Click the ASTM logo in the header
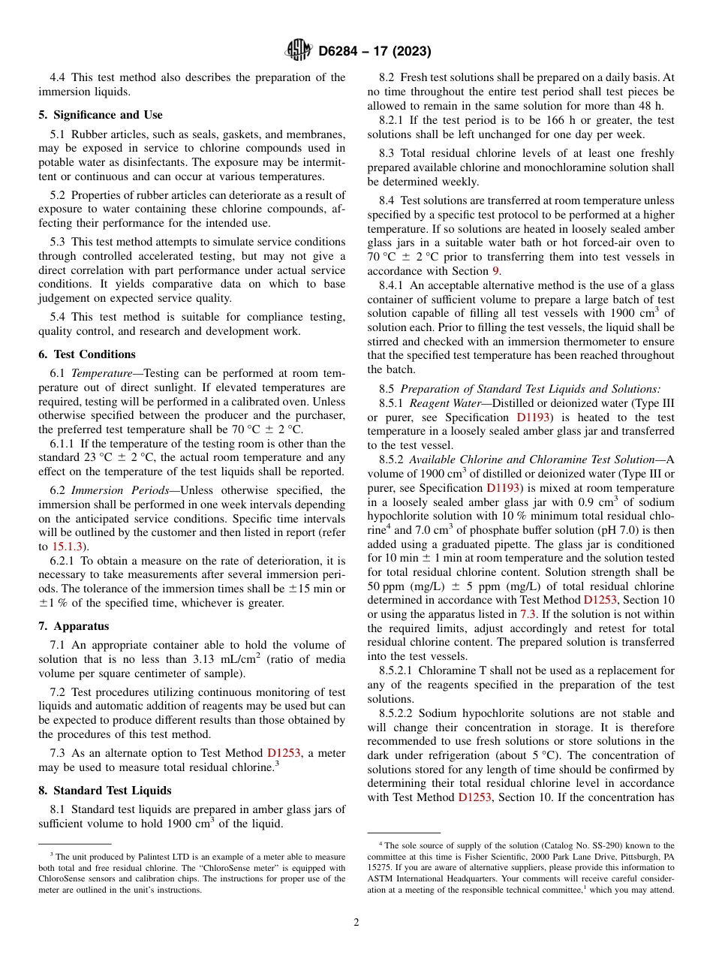coord(298,51)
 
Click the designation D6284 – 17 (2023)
coord(374,52)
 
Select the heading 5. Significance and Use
coord(101,115)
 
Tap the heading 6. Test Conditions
coord(87,354)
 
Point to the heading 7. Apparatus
coord(74,626)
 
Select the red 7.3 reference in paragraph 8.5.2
coord(528,613)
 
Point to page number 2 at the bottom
coord(356,923)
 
